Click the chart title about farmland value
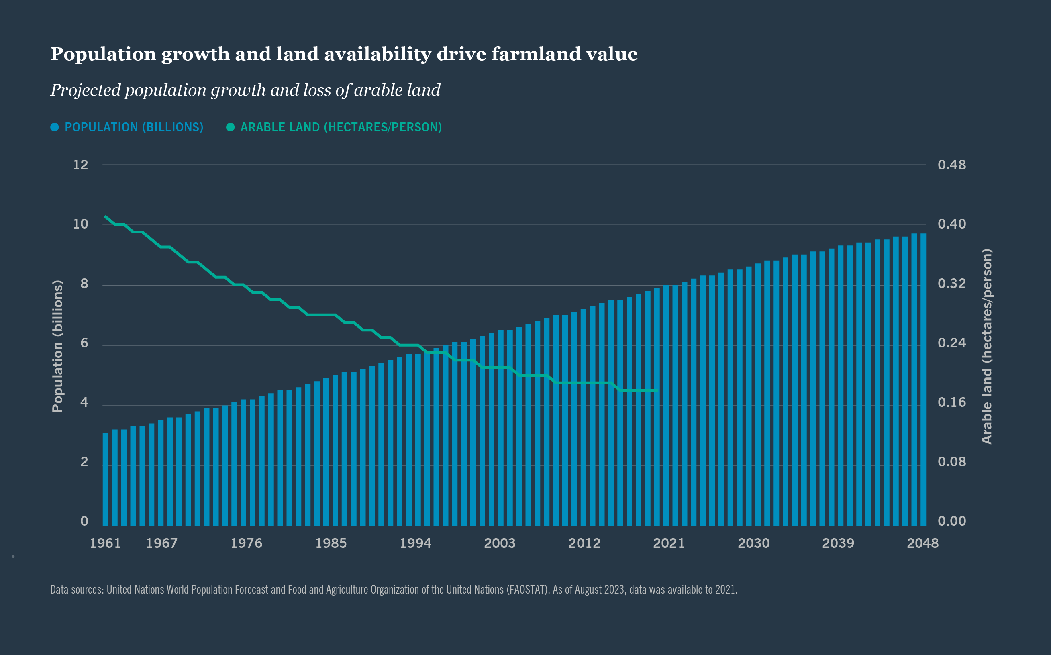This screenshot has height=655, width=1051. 343,54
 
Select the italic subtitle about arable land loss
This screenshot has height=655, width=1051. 245,90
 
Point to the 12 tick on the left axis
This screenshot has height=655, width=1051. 81,165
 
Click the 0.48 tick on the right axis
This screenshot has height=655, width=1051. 951,165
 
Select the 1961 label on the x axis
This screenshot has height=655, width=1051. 105,543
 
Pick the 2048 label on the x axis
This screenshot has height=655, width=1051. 922,543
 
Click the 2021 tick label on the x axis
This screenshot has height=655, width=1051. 668,543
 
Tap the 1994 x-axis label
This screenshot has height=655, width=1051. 415,543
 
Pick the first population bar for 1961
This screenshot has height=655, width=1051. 105,479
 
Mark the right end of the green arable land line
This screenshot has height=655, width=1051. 657,390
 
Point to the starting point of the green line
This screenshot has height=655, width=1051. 105,216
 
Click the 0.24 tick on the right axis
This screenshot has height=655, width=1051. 951,343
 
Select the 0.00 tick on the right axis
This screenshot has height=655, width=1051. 951,521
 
